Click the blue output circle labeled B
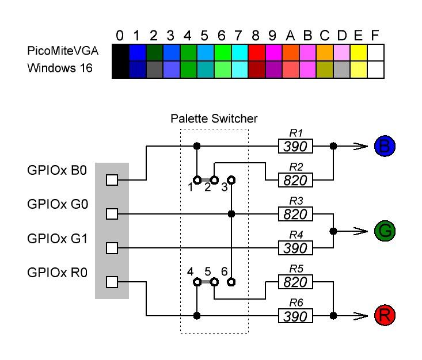tap(385, 146)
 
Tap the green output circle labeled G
tap(385, 231)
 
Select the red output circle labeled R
tap(385, 315)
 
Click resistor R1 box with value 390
tap(296, 146)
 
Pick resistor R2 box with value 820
tap(296, 180)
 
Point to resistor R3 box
tap(296, 214)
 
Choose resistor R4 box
tap(296, 248)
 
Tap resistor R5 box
tap(296, 282)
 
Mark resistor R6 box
tap(296, 315)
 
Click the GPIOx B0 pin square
tap(112, 180)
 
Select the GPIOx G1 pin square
tap(112, 248)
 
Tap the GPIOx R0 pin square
tap(112, 282)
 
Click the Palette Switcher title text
tap(214, 119)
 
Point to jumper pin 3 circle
tap(231, 180)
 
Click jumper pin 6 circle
tap(231, 282)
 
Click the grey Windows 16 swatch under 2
tap(154, 70)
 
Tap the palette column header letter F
tap(375, 36)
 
